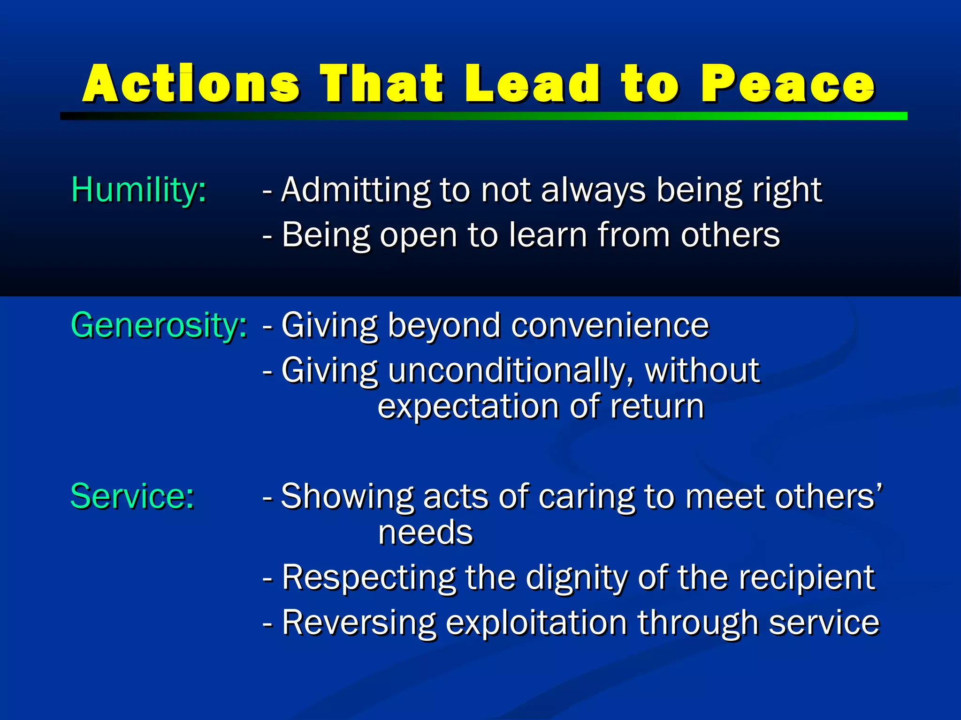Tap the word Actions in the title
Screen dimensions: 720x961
coord(191,84)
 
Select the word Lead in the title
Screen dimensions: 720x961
coord(532,84)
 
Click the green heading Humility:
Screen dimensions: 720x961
coord(138,190)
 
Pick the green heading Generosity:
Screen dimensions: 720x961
coord(159,325)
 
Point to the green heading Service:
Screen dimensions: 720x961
coord(132,496)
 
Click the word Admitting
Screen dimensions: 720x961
coord(355,190)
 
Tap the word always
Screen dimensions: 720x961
coord(593,190)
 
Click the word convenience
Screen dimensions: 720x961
coord(610,325)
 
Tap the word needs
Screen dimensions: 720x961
coord(426,532)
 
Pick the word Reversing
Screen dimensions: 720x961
coord(359,622)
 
